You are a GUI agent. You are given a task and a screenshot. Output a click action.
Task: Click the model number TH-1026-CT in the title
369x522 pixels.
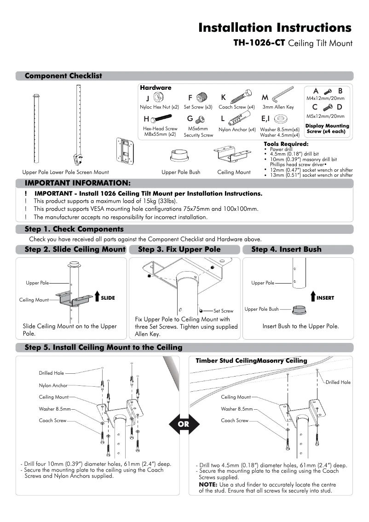pos(259,43)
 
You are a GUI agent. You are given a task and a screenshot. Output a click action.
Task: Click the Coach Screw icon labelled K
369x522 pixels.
pos(240,97)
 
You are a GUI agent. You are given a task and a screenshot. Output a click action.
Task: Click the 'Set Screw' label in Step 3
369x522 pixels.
pos(224,311)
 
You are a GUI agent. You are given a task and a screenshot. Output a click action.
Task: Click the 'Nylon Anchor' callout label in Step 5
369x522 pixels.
pos(53,385)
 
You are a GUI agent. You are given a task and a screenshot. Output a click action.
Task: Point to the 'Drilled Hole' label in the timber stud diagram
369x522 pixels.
pos(338,382)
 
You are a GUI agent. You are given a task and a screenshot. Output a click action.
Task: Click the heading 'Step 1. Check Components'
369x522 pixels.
pos(74,229)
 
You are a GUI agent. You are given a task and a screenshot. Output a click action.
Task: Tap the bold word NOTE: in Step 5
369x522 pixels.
pos(208,485)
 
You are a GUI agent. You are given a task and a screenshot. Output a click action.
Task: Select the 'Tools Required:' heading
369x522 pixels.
pos(286,145)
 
